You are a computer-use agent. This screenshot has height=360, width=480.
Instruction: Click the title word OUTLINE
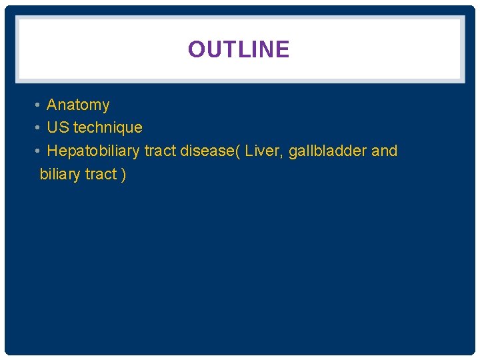click(239, 49)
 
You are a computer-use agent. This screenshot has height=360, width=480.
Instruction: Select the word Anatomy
click(78, 105)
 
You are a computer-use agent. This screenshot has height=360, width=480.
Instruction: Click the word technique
click(108, 127)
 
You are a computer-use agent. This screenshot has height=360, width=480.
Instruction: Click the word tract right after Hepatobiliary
click(160, 151)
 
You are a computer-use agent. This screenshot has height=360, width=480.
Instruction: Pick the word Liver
click(263, 151)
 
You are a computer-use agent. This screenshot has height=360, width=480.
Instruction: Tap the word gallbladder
click(327, 151)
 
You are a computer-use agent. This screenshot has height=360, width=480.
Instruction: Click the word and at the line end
click(384, 151)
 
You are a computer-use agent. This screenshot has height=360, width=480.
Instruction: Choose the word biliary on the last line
click(60, 175)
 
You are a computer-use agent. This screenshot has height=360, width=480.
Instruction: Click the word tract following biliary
click(101, 175)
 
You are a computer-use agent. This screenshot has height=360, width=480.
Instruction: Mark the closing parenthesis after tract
click(123, 175)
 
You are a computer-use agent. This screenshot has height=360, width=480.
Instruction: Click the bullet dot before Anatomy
click(38, 105)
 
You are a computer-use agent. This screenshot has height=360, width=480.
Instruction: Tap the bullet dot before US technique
click(38, 127)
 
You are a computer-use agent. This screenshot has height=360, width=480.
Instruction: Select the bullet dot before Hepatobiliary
click(38, 151)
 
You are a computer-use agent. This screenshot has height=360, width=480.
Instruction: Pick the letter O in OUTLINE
click(197, 49)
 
